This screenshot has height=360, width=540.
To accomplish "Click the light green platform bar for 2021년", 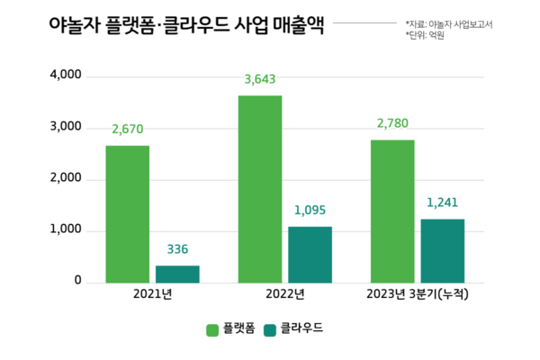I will point(128,214).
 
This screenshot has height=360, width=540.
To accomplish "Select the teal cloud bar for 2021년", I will point(177,274).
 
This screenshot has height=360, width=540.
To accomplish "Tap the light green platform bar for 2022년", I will point(260,189).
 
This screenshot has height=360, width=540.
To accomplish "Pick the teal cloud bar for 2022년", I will point(310,255).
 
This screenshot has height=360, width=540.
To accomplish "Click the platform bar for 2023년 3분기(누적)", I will point(392,211).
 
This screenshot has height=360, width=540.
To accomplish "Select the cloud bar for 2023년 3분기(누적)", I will point(443,251).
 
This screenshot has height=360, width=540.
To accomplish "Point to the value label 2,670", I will point(128,130).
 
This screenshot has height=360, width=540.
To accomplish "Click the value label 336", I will point(177,249).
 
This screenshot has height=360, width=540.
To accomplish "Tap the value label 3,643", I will point(260,79).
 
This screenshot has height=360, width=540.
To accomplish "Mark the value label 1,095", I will point(310,211).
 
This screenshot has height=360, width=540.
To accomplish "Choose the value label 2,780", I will point(392,123).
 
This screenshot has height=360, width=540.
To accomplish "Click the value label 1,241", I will point(443,202).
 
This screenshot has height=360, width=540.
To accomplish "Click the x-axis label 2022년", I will point(284,294).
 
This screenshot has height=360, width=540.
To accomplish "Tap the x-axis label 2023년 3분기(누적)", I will point(418,294).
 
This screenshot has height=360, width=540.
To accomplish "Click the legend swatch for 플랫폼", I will point(214,329).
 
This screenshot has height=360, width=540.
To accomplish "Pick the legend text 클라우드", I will point(301,329).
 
